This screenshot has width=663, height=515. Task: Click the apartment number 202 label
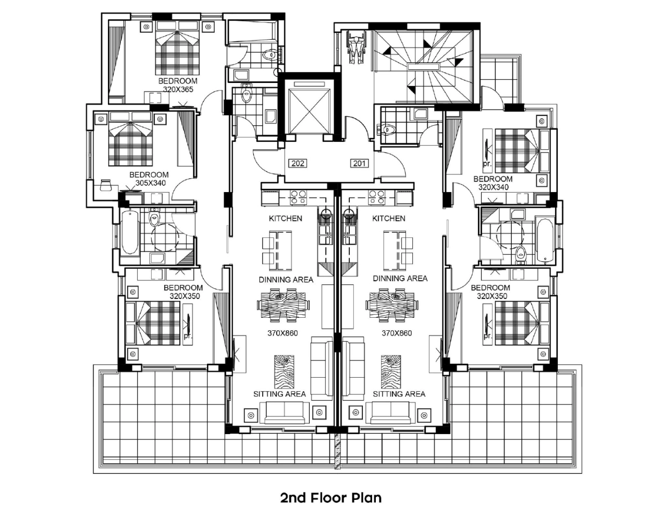click(298, 163)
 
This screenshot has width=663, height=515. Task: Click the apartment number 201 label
click(359, 163)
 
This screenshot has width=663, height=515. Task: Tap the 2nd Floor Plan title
click(331, 498)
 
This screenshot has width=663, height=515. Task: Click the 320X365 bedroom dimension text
click(178, 90)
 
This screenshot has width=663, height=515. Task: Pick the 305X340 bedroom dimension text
click(151, 183)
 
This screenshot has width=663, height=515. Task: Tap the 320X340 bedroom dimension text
click(494, 187)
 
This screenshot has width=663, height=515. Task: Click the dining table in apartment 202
click(283, 305)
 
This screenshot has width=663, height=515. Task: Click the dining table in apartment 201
click(392, 305)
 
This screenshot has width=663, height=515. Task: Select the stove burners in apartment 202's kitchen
click(298, 197)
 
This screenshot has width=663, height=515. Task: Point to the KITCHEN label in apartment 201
click(389, 219)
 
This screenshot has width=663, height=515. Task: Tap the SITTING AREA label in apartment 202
click(279, 394)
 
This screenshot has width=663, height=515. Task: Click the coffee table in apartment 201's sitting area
click(391, 372)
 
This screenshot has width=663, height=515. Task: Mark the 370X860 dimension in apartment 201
click(397, 333)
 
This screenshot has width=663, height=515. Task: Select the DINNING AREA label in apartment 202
click(286, 280)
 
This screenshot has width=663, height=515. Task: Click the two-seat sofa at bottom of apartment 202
click(285, 413)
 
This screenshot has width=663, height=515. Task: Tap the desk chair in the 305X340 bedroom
click(106, 185)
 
